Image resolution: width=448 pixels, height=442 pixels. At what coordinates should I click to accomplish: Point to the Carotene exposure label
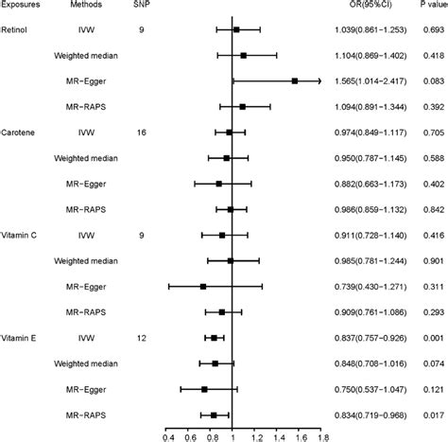click(18, 133)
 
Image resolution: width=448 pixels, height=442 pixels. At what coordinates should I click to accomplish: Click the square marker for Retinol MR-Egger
click(295, 82)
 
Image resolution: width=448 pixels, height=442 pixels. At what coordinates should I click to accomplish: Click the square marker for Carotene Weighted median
click(226, 158)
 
